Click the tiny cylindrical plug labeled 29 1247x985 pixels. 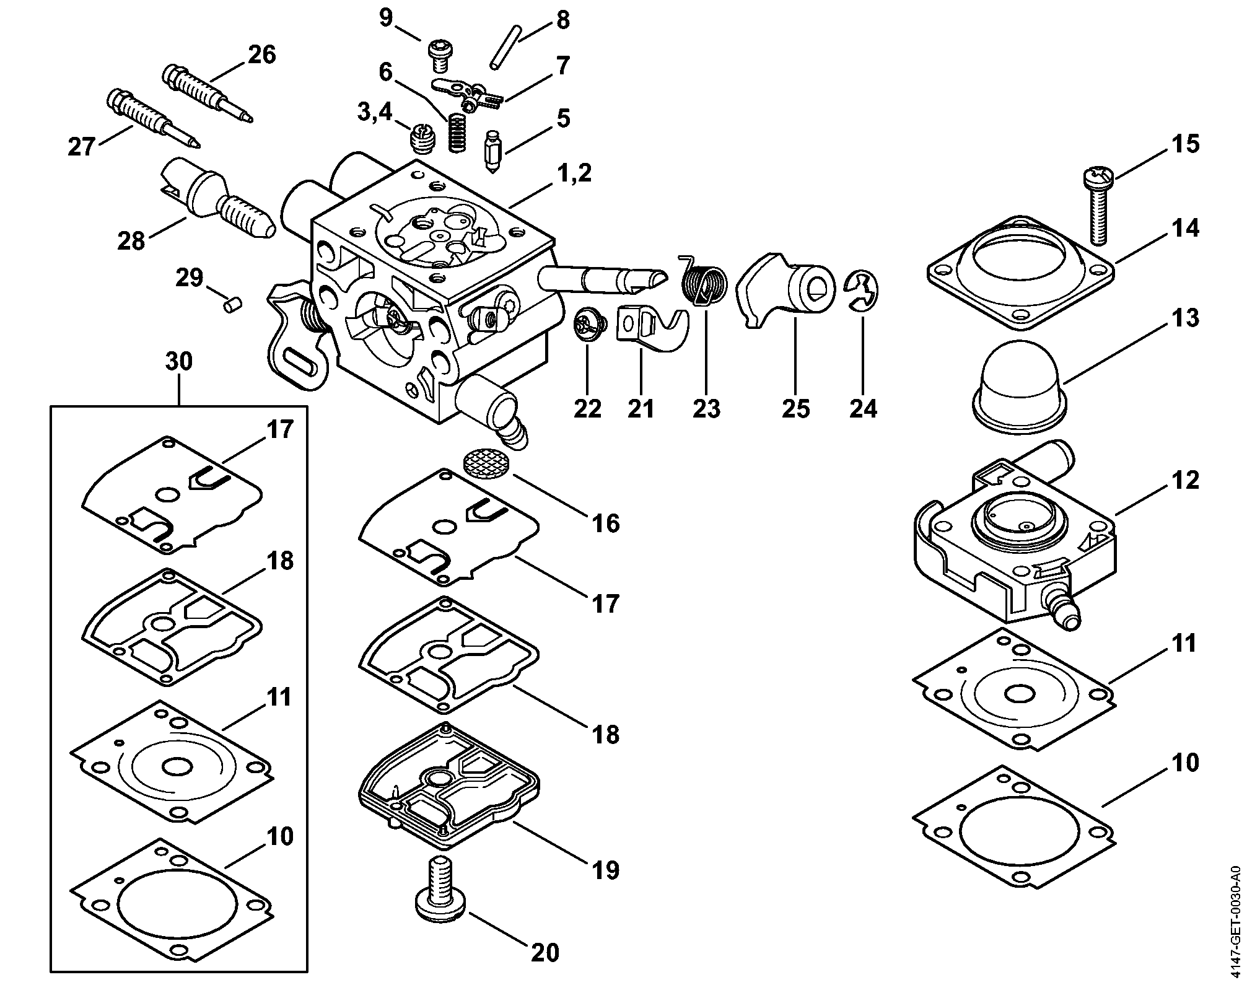click(234, 305)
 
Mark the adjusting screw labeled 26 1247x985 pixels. click(208, 93)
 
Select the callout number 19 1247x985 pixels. click(606, 870)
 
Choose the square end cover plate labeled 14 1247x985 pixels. click(1021, 273)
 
